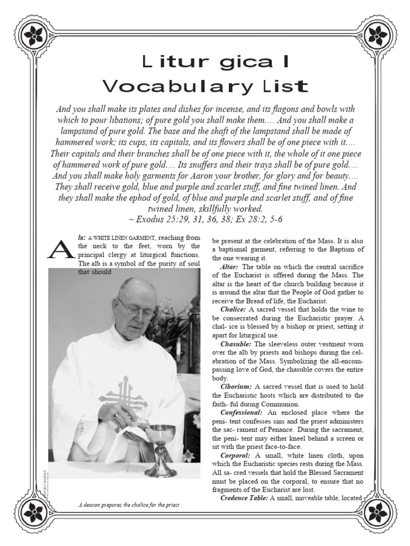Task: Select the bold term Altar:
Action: click(x=231, y=266)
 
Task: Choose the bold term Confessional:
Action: click(x=243, y=413)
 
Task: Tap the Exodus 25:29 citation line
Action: click(x=206, y=219)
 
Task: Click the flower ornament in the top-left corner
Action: click(x=34, y=36)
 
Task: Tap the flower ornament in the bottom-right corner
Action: click(x=377, y=511)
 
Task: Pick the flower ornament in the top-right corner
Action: click(x=377, y=36)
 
